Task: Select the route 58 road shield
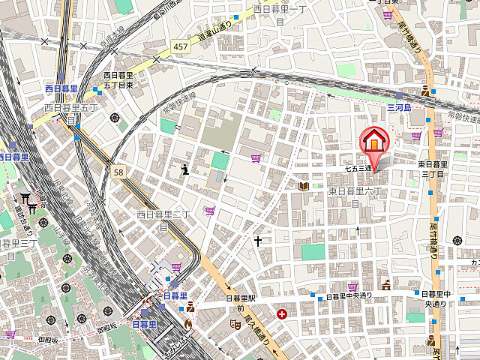118,172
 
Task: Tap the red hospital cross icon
281,314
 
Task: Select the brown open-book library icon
303,185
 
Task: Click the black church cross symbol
257,241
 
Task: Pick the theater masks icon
235,324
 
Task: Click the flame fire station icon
188,324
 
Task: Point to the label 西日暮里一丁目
280,15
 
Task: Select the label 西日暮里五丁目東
118,80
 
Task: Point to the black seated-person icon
185,169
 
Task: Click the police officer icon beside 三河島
426,91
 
